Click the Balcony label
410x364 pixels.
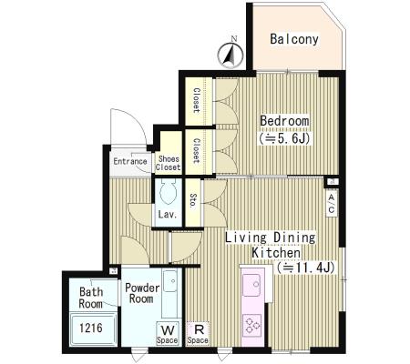(294, 39)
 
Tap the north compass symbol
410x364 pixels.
(231, 55)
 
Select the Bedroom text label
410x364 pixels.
(284, 121)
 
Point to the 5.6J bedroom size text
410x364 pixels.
(284, 138)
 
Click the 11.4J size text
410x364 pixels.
(305, 268)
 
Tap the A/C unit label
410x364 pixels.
(332, 203)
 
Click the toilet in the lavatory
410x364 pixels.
(168, 191)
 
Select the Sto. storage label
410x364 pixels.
(192, 200)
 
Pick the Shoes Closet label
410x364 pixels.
(169, 163)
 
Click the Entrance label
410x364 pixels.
(130, 161)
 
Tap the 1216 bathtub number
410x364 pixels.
(91, 328)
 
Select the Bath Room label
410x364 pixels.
(91, 298)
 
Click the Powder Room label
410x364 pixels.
(142, 293)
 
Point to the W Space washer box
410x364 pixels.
(168, 333)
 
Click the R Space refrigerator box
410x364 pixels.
(198, 333)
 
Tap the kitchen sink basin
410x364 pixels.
(251, 285)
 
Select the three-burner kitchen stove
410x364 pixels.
(251, 325)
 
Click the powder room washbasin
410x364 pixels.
(170, 281)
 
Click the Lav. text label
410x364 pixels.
(168, 215)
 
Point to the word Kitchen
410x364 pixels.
(276, 253)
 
